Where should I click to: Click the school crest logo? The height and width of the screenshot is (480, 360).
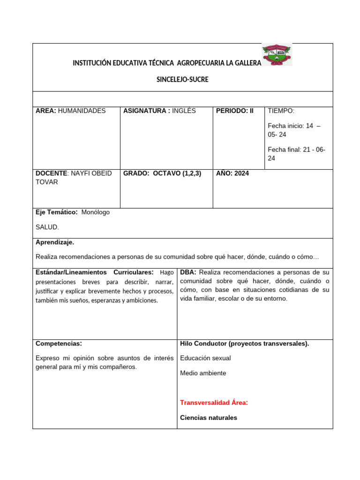277,55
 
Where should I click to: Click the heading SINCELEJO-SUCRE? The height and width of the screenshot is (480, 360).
182,80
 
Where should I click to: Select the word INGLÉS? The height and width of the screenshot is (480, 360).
184,111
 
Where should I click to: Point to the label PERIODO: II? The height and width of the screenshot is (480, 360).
235,111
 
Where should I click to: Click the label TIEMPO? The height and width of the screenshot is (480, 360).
281,111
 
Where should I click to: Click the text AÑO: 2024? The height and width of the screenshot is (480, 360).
232,173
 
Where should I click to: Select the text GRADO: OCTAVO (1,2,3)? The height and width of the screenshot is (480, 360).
162,173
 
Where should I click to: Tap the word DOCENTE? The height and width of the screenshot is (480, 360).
52,173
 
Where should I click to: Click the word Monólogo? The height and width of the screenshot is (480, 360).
96,212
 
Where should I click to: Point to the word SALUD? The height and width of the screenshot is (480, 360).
47,227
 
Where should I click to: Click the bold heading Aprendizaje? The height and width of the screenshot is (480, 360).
55,242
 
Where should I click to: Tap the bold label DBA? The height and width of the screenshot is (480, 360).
188,272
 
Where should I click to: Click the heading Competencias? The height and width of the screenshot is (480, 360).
59,344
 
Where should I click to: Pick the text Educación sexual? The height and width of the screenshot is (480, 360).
205,358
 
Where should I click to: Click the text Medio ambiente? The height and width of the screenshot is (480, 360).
203,373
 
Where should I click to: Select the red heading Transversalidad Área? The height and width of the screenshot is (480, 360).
214,403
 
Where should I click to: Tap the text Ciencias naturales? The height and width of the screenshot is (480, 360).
209,418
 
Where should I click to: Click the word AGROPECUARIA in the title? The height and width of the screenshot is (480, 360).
202,63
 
